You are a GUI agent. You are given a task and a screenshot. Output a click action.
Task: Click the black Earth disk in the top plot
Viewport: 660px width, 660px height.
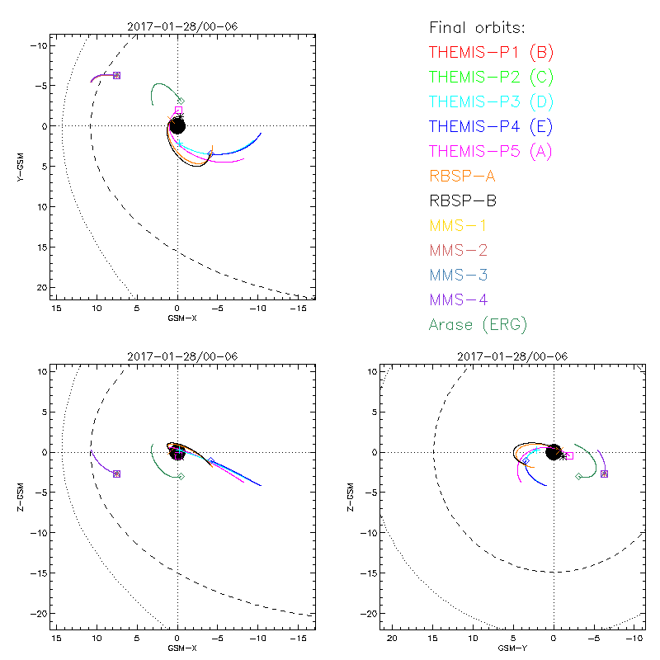click(x=177, y=125)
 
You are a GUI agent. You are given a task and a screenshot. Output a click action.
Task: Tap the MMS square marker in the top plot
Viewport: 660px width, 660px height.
click(x=116, y=75)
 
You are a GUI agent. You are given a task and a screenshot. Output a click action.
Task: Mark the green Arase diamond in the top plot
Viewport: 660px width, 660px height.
click(x=181, y=101)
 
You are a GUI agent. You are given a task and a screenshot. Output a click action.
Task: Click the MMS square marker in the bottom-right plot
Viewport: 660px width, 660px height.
click(x=604, y=474)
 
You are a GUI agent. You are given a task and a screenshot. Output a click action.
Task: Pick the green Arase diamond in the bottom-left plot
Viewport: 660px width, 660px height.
click(x=181, y=476)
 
